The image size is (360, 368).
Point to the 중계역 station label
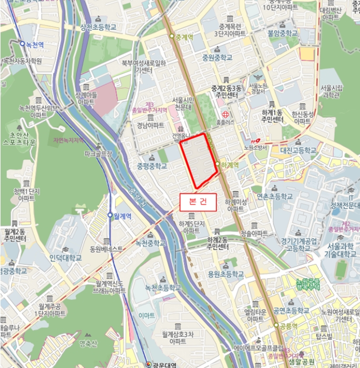pos(184,37)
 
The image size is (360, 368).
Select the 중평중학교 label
pos(152,166)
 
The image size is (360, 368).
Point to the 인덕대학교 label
pos(66,258)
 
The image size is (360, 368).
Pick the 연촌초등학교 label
pos(274,196)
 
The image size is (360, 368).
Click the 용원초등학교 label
pos(225,274)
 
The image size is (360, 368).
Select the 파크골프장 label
pos(99,154)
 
